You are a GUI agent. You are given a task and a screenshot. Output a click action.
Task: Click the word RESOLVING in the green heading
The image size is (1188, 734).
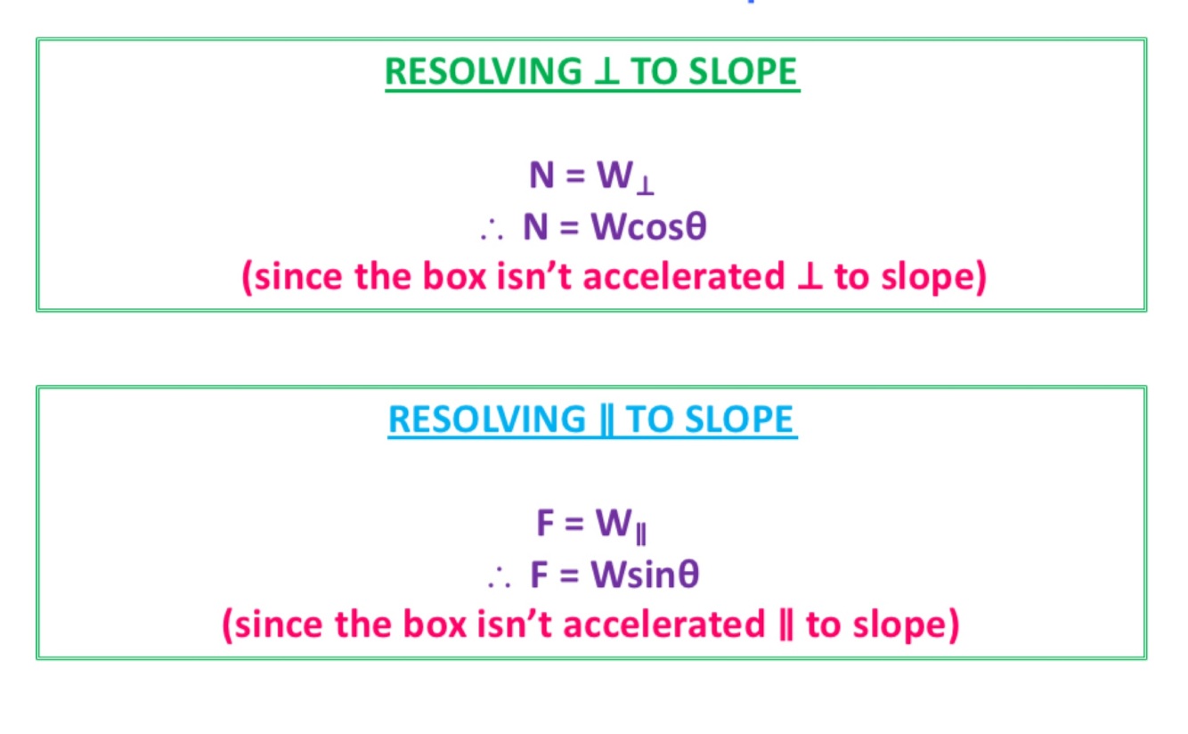(x=480, y=72)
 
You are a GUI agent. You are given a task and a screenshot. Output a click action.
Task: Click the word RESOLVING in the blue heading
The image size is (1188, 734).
(x=484, y=420)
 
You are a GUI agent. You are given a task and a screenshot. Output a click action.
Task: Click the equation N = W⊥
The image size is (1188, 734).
(x=592, y=177)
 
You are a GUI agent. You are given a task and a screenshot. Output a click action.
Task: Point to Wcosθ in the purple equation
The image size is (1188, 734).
(x=648, y=228)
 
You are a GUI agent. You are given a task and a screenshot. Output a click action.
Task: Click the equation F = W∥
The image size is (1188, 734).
(x=592, y=525)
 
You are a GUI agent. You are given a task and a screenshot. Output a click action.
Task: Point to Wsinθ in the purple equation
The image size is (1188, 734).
(x=645, y=575)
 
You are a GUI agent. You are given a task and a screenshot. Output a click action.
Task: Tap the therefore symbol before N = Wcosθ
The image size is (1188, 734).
(x=491, y=231)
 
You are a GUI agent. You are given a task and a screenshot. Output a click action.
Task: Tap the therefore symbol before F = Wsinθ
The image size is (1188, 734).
(x=499, y=578)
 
